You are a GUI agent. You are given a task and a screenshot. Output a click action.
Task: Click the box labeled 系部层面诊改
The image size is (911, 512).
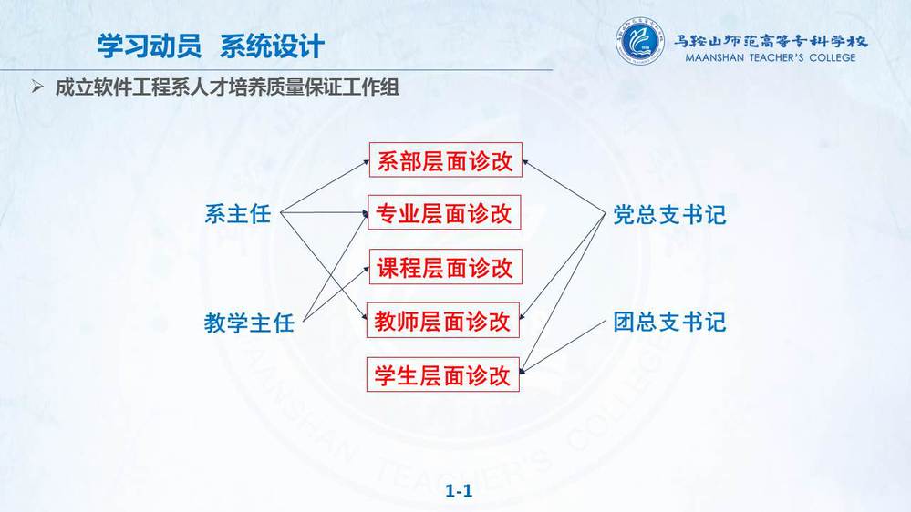point(446,160)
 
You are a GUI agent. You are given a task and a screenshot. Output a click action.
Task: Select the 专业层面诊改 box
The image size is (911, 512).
point(444,213)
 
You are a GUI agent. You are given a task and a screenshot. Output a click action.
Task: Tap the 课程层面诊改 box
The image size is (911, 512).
point(446,267)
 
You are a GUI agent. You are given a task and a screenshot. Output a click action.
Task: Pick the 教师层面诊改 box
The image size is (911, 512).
point(442,321)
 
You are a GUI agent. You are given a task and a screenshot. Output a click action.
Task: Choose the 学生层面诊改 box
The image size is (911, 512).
point(442,375)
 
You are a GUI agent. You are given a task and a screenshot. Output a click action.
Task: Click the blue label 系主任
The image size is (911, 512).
point(238,213)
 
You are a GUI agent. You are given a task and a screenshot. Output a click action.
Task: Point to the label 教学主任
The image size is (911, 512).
point(249,323)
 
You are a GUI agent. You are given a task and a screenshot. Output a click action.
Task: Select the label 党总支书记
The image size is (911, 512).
point(670,215)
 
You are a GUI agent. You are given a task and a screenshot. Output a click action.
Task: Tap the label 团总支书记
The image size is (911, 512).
point(670,322)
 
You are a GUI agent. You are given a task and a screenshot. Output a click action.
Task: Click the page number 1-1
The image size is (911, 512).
point(459,491)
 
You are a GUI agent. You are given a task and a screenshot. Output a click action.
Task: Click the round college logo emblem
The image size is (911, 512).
point(639,41)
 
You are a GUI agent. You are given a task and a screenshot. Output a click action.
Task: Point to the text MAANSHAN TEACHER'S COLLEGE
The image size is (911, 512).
point(771,57)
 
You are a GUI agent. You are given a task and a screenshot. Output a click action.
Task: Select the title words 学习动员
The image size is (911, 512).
point(150,46)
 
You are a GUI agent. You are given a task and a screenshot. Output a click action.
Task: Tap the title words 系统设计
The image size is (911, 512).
point(272,46)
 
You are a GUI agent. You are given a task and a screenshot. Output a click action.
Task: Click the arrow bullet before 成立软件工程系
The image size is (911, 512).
point(37,87)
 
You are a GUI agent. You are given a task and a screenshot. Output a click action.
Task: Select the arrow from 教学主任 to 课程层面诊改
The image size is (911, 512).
point(336,293)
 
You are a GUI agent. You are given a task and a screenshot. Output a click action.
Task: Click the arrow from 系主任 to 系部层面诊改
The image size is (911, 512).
point(325,187)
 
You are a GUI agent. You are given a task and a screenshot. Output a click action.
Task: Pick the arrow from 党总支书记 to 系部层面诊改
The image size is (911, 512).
point(564,187)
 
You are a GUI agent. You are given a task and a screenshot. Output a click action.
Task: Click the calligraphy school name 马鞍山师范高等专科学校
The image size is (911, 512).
point(771,41)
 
